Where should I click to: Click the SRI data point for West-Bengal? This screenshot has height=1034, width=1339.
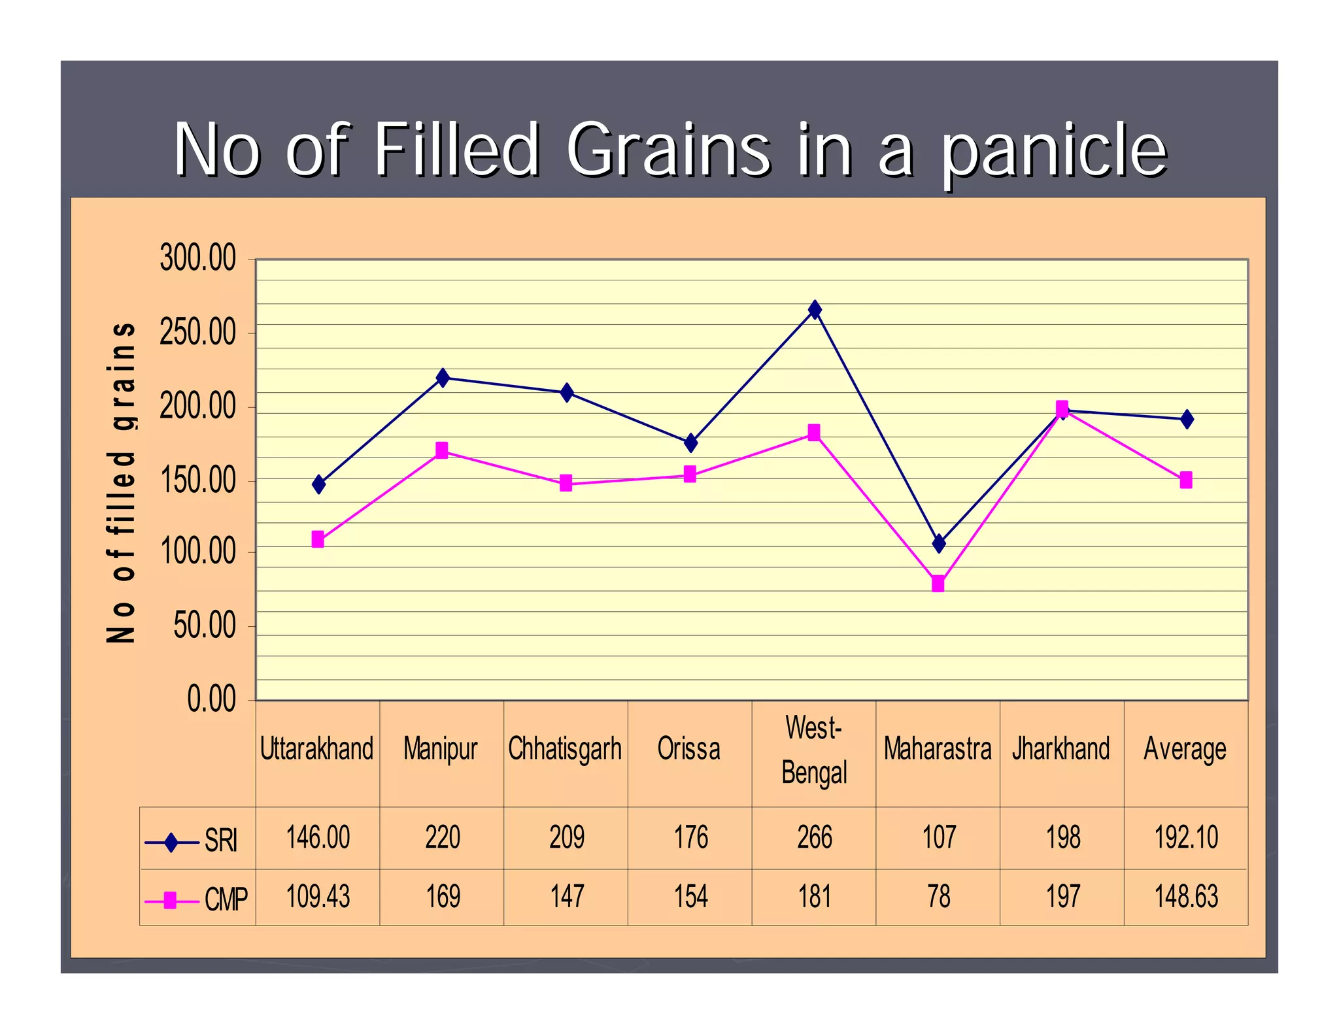[815, 310]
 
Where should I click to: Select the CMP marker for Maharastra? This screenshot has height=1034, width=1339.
[938, 584]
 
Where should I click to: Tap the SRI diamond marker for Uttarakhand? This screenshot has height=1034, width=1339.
[318, 484]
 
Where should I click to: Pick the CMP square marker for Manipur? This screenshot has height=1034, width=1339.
[442, 450]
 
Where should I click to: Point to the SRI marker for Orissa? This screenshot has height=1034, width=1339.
[690, 443]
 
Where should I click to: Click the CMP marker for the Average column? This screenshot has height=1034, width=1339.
[1186, 480]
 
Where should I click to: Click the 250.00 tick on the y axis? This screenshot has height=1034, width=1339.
[197, 333]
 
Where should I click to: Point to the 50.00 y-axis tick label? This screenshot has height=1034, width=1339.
[205, 626]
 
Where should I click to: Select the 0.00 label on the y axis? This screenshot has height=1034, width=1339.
[211, 699]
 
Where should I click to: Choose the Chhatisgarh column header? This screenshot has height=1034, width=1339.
[565, 749]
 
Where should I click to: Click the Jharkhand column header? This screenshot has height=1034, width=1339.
[1061, 749]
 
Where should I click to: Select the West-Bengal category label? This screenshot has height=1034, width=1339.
[814, 750]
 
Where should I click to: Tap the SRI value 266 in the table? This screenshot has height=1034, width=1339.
[815, 838]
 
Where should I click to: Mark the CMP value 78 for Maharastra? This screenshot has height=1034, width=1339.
[939, 897]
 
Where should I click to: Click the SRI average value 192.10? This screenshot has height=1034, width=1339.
[1186, 838]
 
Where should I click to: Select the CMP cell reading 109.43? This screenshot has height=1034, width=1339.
[318, 897]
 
